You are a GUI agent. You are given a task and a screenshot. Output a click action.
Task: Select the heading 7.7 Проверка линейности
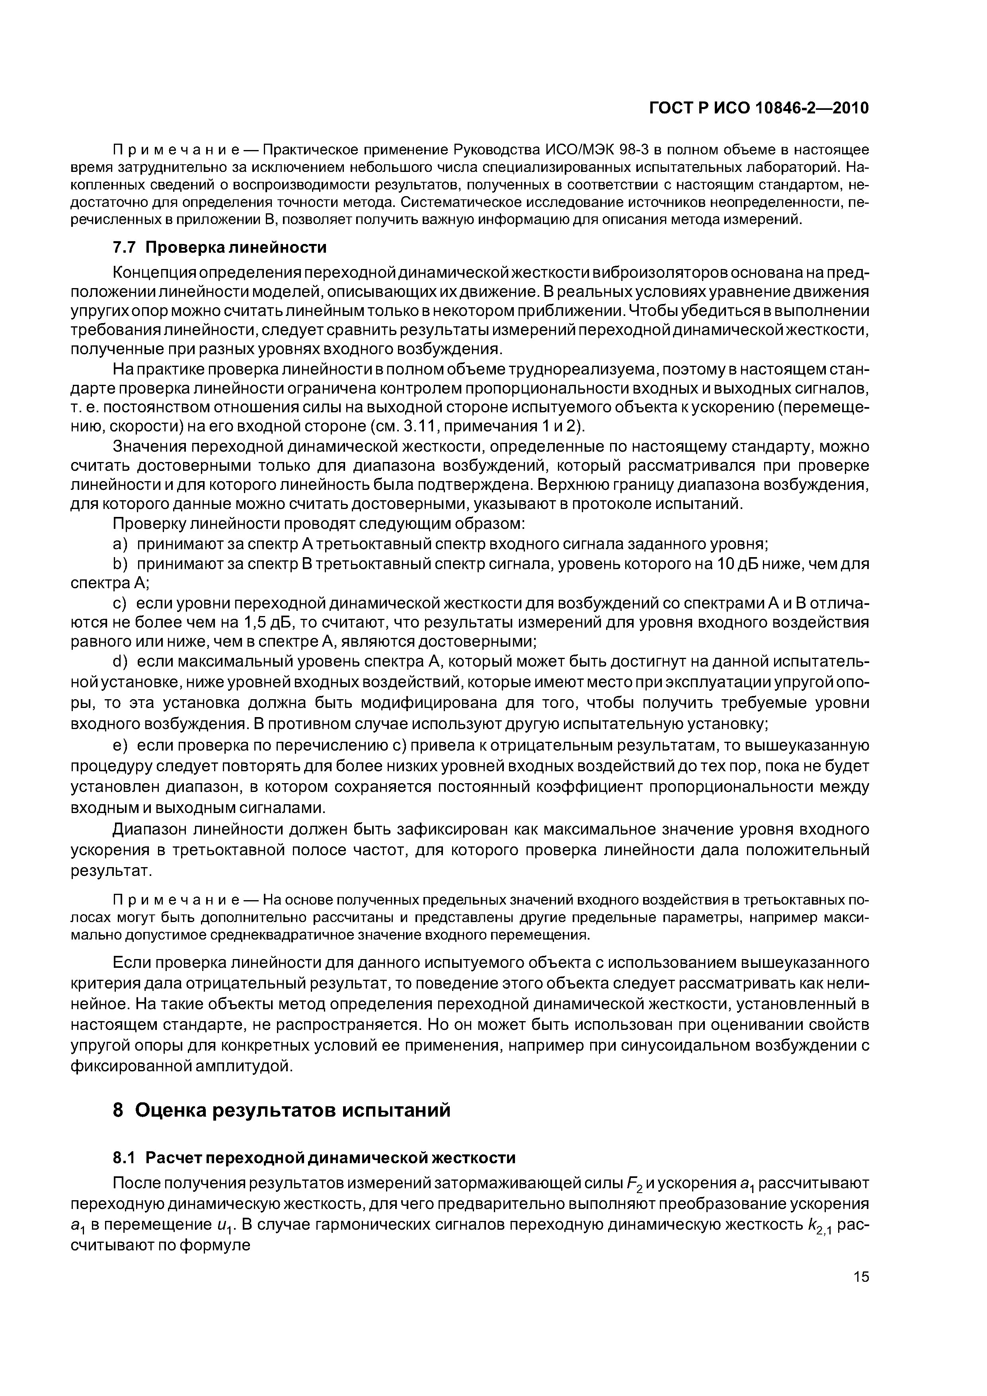(220, 248)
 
